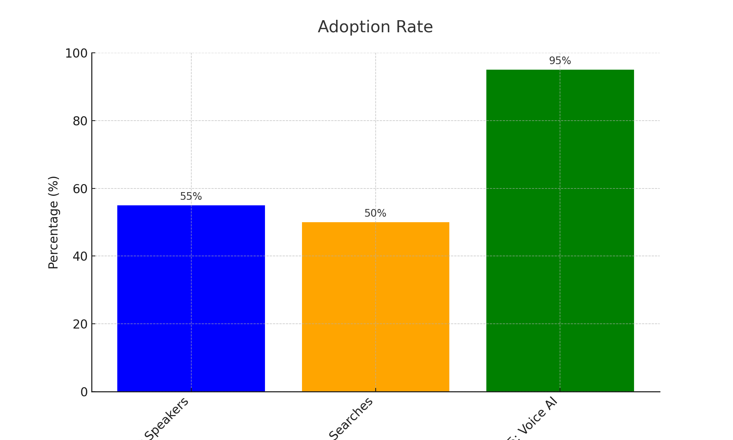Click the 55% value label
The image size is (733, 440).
pos(191,197)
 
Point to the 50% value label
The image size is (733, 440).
pos(375,213)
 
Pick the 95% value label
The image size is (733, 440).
pos(560,61)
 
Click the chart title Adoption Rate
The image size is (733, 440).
pos(375,27)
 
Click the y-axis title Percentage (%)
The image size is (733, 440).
pos(54,222)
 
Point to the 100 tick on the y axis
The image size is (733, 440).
pos(77,54)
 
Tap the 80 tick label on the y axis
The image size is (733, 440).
pos(80,121)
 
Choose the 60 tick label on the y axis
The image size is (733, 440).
pos(80,189)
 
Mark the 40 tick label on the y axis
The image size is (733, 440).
pos(80,256)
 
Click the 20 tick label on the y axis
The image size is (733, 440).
pos(80,324)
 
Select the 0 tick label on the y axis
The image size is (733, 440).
pos(84,392)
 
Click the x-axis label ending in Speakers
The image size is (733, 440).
pos(167,420)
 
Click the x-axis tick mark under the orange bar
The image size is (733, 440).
pos(375,390)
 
